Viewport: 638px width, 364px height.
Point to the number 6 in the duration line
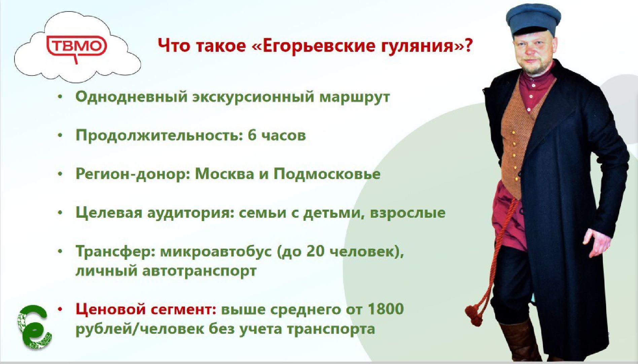tap(252, 135)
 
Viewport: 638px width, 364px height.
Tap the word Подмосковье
tap(327, 174)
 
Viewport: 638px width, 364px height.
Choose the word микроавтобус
tap(216, 251)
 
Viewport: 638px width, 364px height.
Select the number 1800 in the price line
tap(385, 309)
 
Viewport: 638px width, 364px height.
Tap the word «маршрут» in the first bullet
tap(354, 97)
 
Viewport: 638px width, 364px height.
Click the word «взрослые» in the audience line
tap(407, 213)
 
